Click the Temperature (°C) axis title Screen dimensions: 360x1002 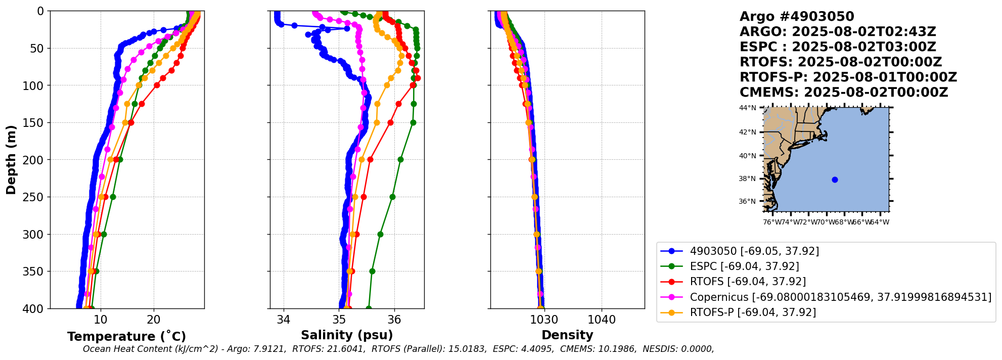coord(126,336)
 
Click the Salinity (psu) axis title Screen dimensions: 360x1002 coord(347,335)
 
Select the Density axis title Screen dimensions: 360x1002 coord(567,335)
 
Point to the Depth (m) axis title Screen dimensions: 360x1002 coord(11,160)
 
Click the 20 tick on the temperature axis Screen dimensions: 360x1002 coord(154,320)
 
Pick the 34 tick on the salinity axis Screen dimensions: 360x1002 coord(284,320)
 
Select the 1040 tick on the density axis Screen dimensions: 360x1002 coord(602,320)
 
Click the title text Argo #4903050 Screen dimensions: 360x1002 coord(797,17)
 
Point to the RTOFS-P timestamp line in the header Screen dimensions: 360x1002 coord(848,77)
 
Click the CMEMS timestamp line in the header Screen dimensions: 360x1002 coord(843,93)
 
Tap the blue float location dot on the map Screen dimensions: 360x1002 coord(835,179)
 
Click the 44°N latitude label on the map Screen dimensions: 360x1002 coord(748,108)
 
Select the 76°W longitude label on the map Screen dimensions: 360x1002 coord(771,222)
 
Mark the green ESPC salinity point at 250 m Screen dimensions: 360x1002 coord(392,197)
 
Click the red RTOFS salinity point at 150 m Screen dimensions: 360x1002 coord(390,122)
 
